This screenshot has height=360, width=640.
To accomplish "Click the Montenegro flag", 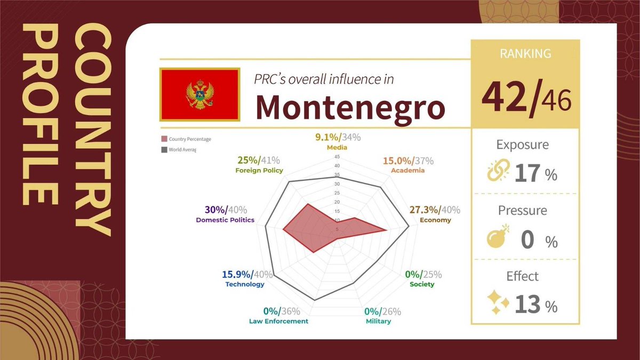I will click(200, 94).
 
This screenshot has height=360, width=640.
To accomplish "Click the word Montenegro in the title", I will click(350, 106).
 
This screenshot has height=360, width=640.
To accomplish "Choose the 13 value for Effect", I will click(528, 305).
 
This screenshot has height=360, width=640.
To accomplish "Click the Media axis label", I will click(337, 147).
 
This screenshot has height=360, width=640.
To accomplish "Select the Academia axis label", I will click(408, 171).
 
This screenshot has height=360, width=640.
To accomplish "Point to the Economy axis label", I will click(435, 220).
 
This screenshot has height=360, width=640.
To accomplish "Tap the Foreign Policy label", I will click(259, 171).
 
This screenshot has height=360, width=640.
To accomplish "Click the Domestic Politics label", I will click(225, 220).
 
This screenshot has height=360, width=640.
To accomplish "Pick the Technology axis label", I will click(245, 284).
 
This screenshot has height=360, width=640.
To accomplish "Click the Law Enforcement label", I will click(278, 321).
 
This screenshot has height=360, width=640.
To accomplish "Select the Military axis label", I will click(378, 321).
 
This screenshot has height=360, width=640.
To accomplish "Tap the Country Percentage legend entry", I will click(187, 139).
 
